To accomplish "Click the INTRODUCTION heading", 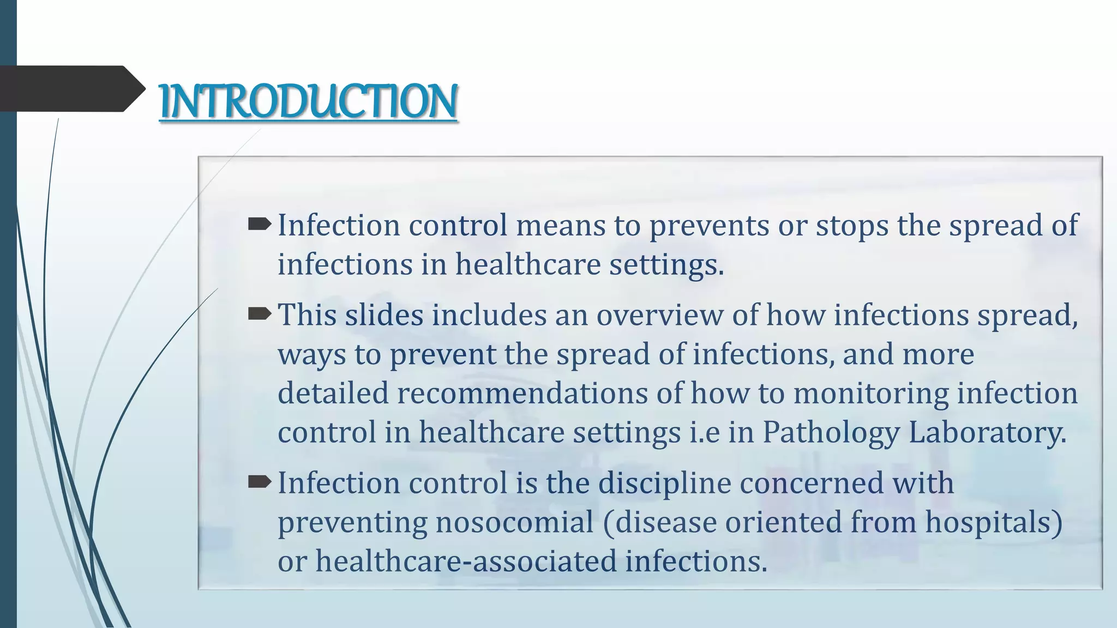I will [x=308, y=101].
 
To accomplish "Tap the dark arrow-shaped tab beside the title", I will [x=71, y=89].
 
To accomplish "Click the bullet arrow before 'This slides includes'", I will [x=260, y=314].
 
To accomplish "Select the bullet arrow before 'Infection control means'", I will [x=260, y=224].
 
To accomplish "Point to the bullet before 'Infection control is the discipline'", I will [x=260, y=482].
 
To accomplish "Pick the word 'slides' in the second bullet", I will [x=384, y=316].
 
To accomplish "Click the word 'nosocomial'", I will [x=514, y=523].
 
